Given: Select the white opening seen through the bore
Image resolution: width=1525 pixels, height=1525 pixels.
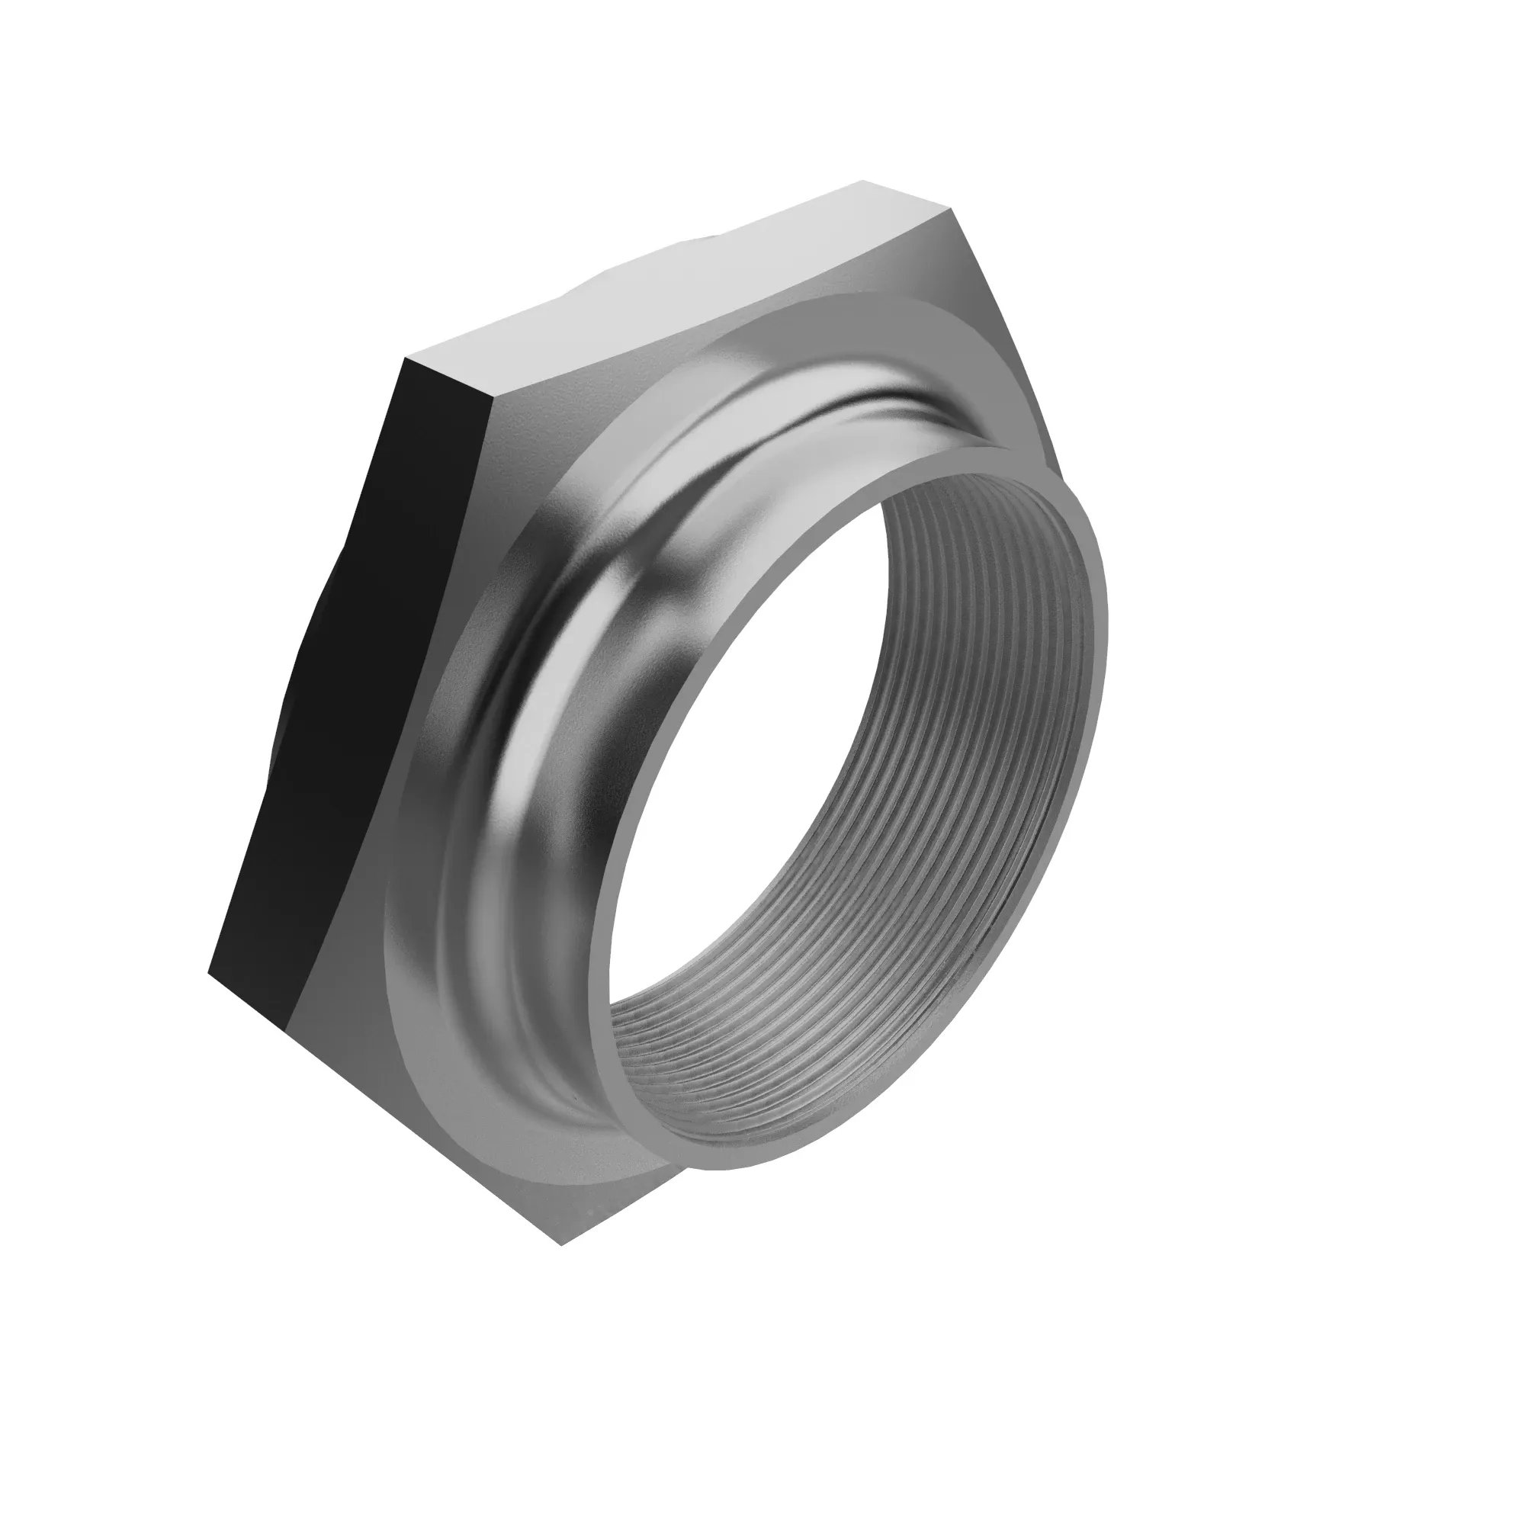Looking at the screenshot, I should (x=829, y=750).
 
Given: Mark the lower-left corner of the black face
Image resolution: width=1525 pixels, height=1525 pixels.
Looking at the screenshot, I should (x=210, y=972).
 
